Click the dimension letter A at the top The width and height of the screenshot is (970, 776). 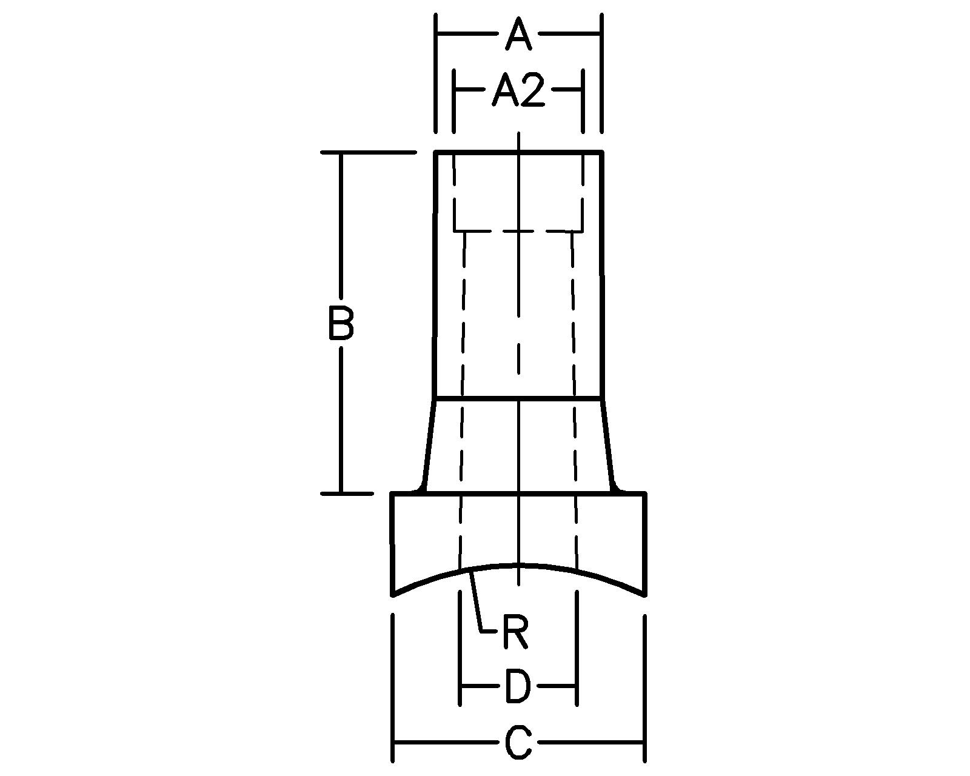pos(518,35)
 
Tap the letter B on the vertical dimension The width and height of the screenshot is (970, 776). pos(341,323)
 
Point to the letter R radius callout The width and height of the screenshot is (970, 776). pos(515,632)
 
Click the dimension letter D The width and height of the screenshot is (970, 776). pos(518,687)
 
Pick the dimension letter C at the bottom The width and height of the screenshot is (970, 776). pos(518,742)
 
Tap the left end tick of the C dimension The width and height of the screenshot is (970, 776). pos(394,742)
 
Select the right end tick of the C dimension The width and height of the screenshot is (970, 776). pos(644,742)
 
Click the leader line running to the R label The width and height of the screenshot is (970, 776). pos(477,600)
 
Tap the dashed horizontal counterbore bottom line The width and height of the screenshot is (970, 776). pos(518,231)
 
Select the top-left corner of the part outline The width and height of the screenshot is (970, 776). pos(436,153)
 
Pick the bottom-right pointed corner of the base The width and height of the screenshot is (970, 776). pos(644,595)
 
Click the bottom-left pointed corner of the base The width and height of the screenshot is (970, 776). pos(393,595)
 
